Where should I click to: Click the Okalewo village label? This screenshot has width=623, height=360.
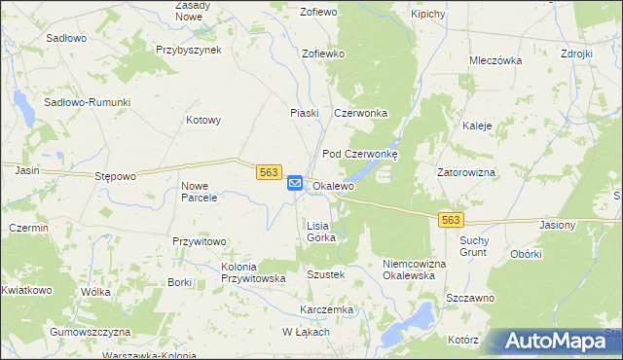pyautogui.click(x=333, y=186)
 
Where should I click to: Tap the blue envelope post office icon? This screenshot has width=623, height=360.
pyautogui.click(x=295, y=182)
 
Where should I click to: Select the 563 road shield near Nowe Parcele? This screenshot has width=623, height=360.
pyautogui.click(x=270, y=172)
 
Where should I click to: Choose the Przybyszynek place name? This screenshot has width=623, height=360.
pyautogui.click(x=189, y=50)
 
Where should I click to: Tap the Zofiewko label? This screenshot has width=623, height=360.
pyautogui.click(x=324, y=54)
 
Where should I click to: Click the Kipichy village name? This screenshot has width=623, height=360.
pyautogui.click(x=428, y=15)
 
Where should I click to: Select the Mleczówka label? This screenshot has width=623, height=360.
pyautogui.click(x=495, y=60)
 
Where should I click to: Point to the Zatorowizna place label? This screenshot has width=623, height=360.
pyautogui.click(x=466, y=172)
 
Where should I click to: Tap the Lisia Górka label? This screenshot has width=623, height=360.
pyautogui.click(x=321, y=231)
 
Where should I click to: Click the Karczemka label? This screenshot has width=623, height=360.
pyautogui.click(x=326, y=309)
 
